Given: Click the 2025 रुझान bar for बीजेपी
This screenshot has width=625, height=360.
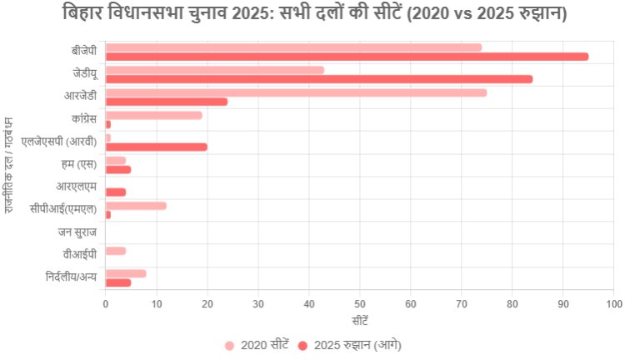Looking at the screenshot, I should click(347, 57).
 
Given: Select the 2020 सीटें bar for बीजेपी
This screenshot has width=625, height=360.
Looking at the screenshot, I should click(293, 47).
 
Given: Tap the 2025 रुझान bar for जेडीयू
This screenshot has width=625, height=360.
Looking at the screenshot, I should click(319, 79).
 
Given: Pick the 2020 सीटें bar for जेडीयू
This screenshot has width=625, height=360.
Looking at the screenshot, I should click(215, 70).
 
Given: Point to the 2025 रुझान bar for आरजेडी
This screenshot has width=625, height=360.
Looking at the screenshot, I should click(167, 102).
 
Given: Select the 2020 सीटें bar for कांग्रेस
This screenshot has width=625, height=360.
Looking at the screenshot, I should click(154, 115).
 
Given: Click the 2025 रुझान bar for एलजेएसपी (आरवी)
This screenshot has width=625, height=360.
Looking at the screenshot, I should click(157, 147).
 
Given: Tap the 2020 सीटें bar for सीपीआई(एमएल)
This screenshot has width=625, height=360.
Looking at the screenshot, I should click(136, 205).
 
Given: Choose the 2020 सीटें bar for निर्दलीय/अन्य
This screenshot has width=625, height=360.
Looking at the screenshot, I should click(126, 273).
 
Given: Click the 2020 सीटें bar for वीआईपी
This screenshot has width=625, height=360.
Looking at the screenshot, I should click(116, 251).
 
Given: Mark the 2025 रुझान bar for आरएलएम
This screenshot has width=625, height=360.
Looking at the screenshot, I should click(116, 192).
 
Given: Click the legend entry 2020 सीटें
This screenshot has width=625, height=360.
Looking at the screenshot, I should click(257, 345).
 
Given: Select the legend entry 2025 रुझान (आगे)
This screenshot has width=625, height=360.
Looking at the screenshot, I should click(351, 345).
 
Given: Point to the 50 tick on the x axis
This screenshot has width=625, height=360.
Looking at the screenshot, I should click(360, 304).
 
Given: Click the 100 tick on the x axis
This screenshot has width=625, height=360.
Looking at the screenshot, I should click(614, 304).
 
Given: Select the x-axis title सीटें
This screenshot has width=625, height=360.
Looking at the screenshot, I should click(359, 321).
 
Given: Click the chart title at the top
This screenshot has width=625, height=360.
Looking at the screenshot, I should click(312, 14).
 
